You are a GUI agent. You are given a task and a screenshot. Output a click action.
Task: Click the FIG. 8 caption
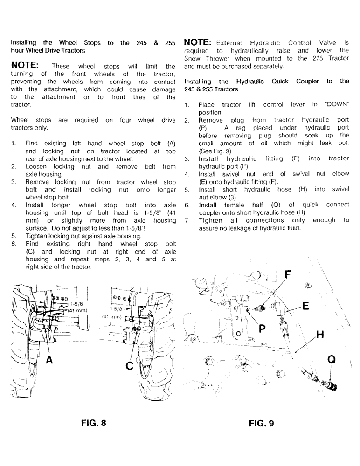pyautogui.click(x=94, y=423)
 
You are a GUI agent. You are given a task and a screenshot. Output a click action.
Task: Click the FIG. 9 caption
pyautogui.click(x=262, y=423)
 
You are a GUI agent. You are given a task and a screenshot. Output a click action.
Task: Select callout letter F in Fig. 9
pyautogui.click(x=288, y=275)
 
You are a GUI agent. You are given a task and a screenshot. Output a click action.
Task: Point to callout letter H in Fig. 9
pyautogui.click(x=319, y=335)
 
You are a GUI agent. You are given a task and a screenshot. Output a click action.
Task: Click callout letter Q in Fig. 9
pyautogui.click(x=332, y=360)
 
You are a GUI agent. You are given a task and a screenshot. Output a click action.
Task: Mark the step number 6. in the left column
pyautogui.click(x=14, y=244)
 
